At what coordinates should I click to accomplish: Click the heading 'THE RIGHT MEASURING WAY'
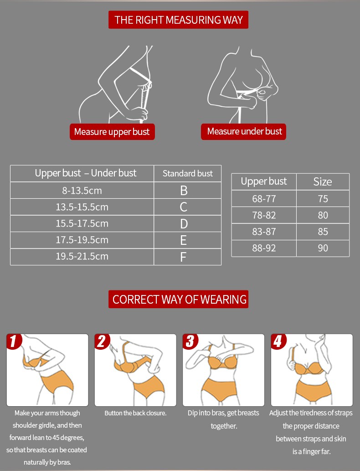[178, 20]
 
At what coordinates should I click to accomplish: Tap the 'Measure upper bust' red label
[112, 132]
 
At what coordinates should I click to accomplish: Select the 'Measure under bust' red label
[243, 132]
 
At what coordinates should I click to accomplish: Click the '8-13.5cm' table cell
[82, 190]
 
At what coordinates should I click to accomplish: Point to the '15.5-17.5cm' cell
[82, 223]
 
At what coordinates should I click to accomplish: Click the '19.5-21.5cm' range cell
[82, 257]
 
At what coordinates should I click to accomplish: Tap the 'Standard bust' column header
[188, 173]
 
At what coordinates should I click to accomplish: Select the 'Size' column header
[323, 182]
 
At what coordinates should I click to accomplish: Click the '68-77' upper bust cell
[264, 198]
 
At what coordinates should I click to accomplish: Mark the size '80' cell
[323, 215]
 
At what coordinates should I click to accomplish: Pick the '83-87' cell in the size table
[264, 232]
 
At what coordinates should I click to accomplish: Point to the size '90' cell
[323, 248]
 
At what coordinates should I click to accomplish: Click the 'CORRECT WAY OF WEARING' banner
[178, 299]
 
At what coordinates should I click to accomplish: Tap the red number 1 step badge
[13, 342]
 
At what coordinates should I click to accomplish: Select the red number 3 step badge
[190, 342]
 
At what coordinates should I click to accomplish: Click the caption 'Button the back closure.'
[135, 413]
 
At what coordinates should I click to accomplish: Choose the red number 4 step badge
[278, 342]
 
